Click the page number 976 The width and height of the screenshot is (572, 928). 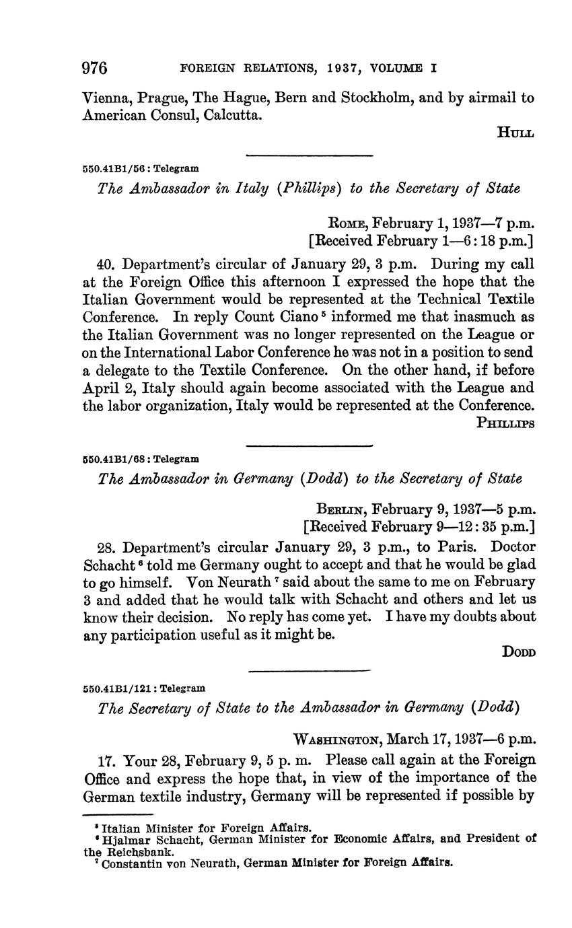coord(95,69)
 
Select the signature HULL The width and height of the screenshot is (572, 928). coord(515,133)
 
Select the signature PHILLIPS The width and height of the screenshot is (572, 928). coord(505,423)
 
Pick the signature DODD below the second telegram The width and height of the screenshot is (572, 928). coord(518,651)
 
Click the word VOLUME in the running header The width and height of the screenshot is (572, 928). coord(402,69)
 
